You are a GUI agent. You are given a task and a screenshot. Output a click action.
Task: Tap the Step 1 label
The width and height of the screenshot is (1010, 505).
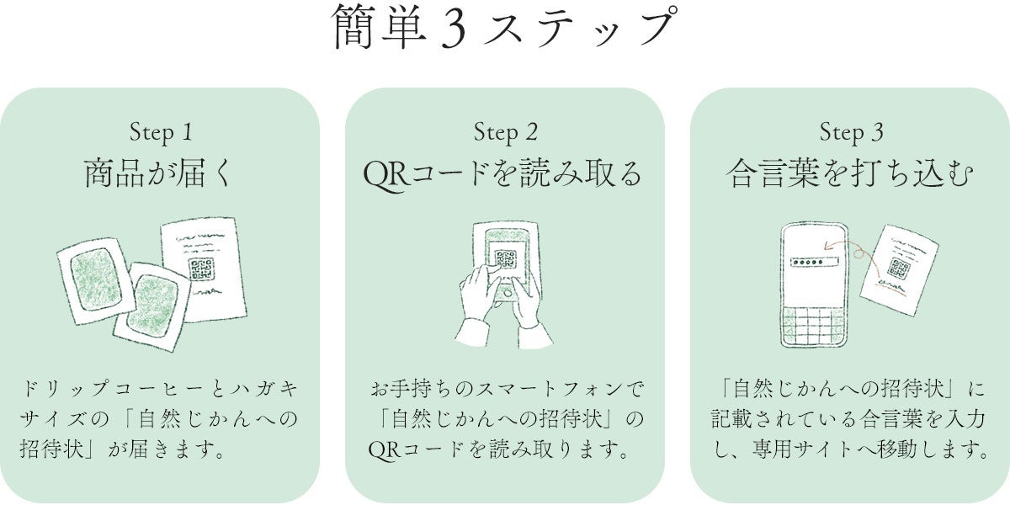pos(161,132)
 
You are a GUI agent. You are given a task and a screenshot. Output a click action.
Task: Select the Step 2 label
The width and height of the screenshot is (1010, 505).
pos(505,132)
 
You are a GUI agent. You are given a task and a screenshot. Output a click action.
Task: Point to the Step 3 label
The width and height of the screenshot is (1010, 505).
pos(851,132)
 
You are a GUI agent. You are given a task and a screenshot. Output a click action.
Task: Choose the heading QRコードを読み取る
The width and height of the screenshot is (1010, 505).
pos(502,175)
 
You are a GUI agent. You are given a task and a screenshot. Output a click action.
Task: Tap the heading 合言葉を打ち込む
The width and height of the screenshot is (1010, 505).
pos(851,175)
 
